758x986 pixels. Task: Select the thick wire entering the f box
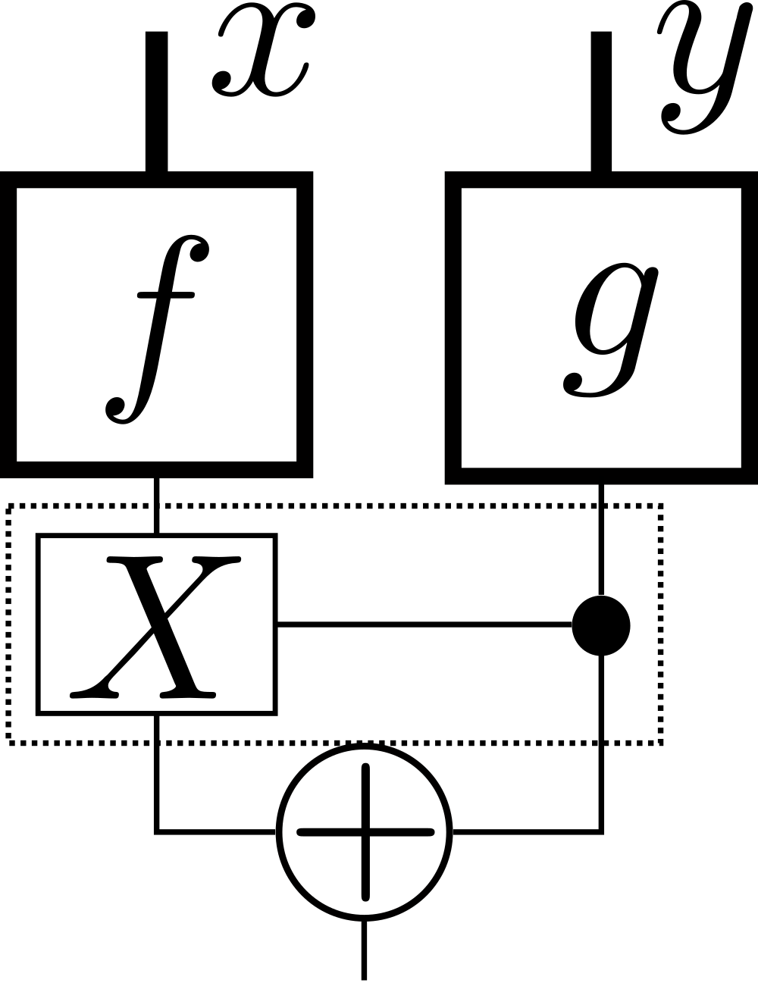(x=156, y=102)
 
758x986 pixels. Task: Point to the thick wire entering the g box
(x=600, y=102)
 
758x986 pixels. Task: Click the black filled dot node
(x=601, y=625)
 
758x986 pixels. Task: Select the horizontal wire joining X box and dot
(x=424, y=624)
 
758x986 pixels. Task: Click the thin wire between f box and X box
(x=156, y=506)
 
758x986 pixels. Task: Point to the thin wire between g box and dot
(x=601, y=538)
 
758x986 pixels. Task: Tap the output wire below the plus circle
(x=365, y=951)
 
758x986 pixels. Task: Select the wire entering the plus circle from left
(x=216, y=832)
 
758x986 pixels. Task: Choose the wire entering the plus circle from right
(x=527, y=832)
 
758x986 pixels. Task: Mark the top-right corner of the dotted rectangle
(x=662, y=506)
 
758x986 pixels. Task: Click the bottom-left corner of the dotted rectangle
(x=9, y=742)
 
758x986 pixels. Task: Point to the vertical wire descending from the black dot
(x=602, y=743)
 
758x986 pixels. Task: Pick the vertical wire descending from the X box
(x=157, y=773)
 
